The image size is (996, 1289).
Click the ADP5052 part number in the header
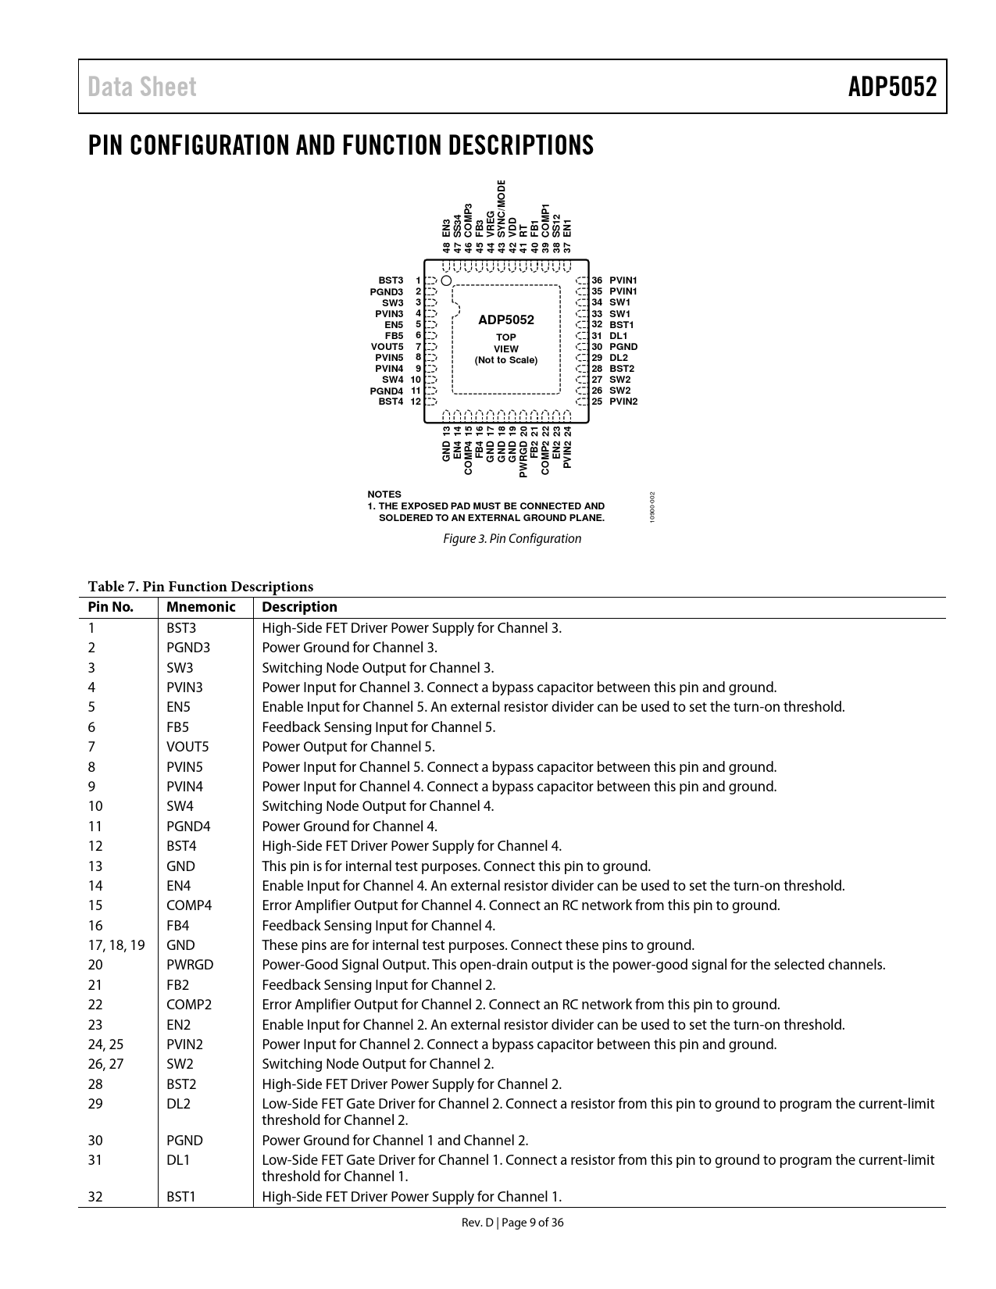[x=892, y=87]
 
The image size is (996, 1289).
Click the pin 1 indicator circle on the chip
[x=446, y=280]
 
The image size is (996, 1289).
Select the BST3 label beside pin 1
[x=391, y=280]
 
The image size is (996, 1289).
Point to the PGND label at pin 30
[x=623, y=347]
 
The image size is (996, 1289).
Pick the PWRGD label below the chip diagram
[x=523, y=461]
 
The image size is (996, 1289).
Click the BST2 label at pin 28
[x=622, y=369]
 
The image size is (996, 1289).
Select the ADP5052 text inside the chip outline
[x=506, y=320]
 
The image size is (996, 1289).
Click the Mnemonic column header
[x=201, y=608]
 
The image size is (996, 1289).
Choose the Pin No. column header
[x=111, y=608]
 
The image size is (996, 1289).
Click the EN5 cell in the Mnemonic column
[x=178, y=708]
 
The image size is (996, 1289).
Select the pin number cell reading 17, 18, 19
[x=116, y=945]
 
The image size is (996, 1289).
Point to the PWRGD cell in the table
[x=190, y=965]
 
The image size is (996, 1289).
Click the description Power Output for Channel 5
[x=348, y=747]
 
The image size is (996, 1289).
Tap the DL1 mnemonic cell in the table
[x=178, y=1160]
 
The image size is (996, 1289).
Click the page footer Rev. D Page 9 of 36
[x=512, y=1223]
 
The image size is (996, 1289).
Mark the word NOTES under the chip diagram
[x=384, y=495]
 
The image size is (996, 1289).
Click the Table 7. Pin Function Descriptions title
[x=201, y=587]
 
